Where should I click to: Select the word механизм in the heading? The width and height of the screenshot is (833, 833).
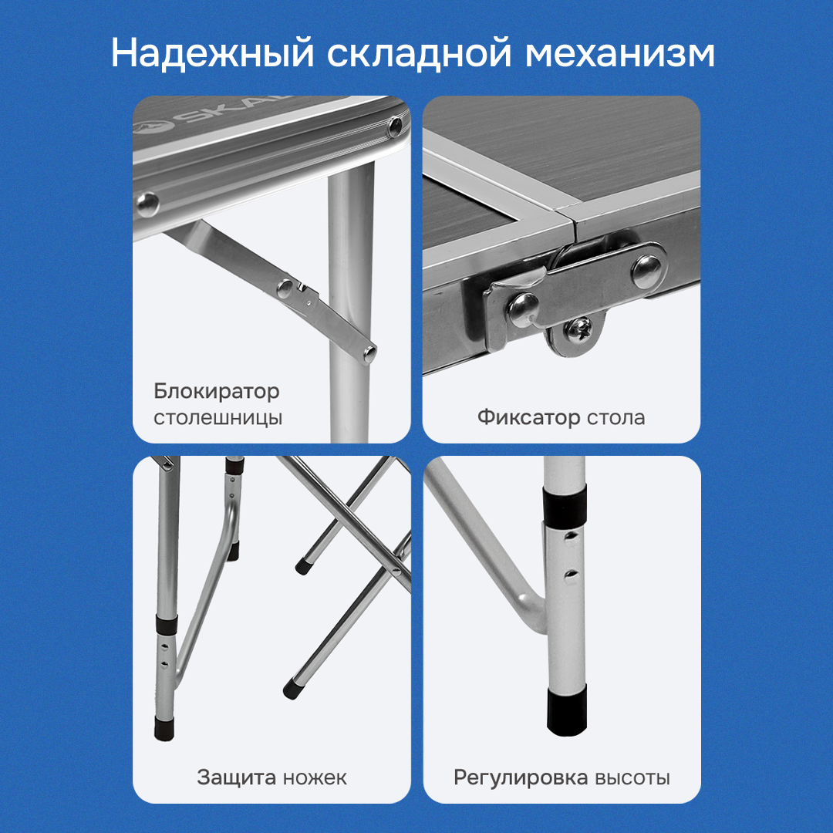[619, 54]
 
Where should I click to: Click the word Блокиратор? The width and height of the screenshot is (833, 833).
[217, 392]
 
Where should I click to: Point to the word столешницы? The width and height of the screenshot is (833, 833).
[218, 417]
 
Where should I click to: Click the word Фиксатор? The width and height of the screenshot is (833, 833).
[528, 417]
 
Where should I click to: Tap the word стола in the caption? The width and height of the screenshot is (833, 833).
[615, 418]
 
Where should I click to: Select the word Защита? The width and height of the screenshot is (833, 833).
[237, 777]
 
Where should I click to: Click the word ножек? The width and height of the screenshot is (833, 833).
[315, 778]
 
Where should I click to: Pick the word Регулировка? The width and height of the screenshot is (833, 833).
[521, 777]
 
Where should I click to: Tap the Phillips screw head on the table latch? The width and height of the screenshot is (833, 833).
[578, 329]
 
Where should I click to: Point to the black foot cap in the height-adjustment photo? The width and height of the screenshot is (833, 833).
[568, 710]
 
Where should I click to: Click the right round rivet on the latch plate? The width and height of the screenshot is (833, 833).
[646, 271]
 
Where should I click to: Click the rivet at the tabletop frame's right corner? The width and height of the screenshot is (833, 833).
[395, 126]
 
